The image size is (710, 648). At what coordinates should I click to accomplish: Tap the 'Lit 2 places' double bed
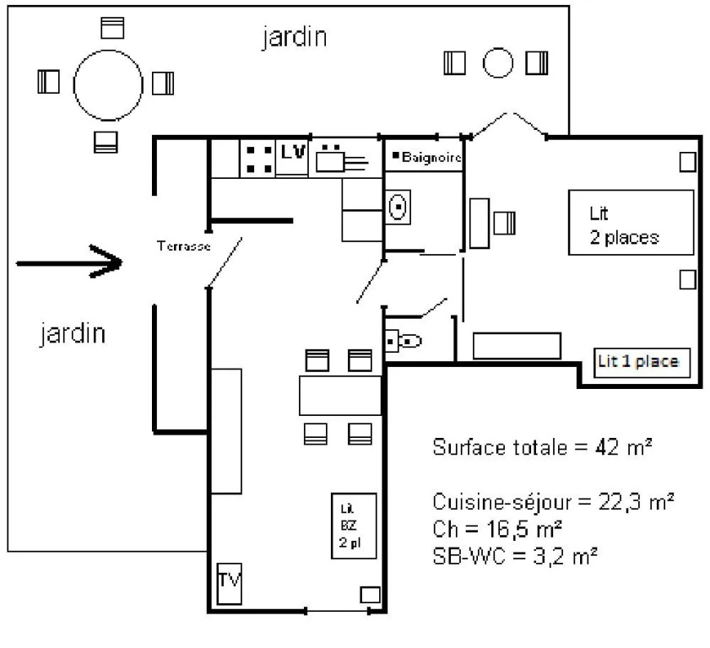point(630,224)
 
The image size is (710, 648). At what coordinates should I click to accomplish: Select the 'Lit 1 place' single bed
point(639,363)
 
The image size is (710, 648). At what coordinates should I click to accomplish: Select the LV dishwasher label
point(292,153)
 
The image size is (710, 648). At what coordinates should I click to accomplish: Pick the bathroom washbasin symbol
point(398,206)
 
